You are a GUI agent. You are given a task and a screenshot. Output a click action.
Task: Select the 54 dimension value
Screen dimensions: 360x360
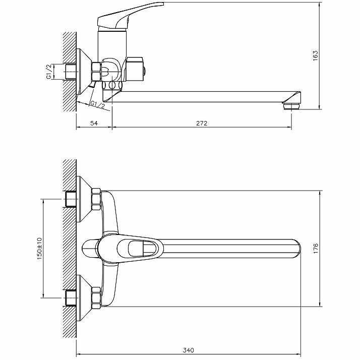pos(94,123)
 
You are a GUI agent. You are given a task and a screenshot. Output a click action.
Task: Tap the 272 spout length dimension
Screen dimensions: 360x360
pos(202,123)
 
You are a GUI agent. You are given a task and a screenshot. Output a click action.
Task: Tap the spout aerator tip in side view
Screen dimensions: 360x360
pos(291,104)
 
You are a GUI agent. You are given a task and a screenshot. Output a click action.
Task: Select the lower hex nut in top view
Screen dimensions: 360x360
pos(95,298)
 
